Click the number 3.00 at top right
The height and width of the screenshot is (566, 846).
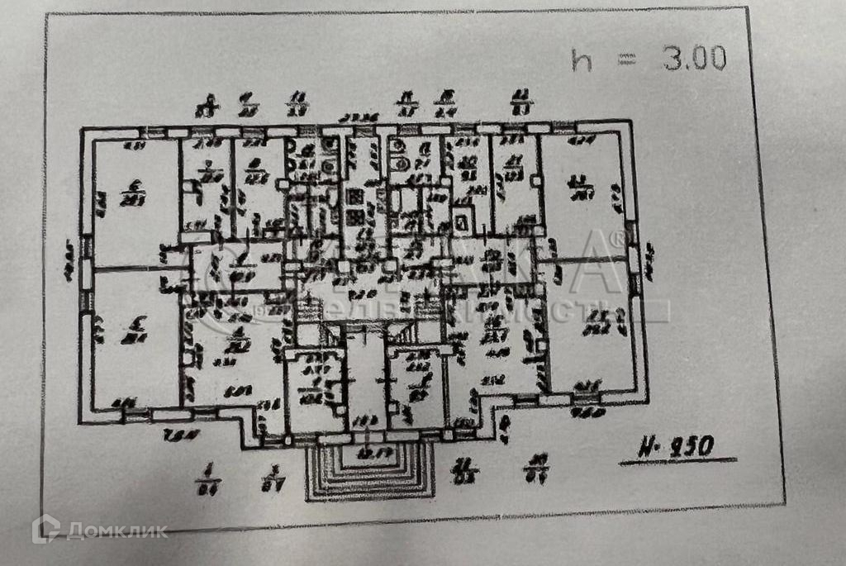(693, 58)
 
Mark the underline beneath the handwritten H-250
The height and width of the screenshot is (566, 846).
(668, 460)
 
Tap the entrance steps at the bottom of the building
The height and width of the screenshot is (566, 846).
(369, 473)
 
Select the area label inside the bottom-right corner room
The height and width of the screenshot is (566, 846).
(595, 324)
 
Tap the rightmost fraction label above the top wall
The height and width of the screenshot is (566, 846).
(522, 102)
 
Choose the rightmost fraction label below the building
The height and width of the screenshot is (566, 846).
(539, 468)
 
